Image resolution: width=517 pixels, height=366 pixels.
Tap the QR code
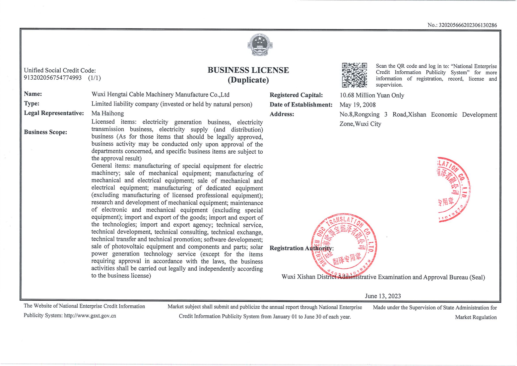tap(355, 75)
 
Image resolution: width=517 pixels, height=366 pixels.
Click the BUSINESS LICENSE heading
tap(248, 70)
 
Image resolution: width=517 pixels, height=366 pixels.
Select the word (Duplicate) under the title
tap(248, 80)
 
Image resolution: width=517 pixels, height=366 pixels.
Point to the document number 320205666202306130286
tap(468, 25)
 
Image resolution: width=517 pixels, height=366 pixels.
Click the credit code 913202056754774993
tap(53, 78)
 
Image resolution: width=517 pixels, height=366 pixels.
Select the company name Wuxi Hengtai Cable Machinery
tap(160, 95)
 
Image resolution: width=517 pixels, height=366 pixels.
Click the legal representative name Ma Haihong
tap(107, 113)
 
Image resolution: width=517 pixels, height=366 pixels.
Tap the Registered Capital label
tap(296, 95)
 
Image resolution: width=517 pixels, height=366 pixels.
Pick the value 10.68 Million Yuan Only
tap(372, 96)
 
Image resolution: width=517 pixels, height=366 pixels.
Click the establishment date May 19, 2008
tap(357, 105)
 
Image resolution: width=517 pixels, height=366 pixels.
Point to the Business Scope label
tap(45, 132)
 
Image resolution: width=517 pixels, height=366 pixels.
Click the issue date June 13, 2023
tap(383, 296)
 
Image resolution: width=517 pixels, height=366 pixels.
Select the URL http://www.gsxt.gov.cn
tap(90, 316)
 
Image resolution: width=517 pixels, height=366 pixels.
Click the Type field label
tap(32, 104)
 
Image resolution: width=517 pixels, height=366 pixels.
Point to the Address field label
tap(282, 114)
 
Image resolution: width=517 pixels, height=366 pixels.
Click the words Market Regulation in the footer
tap(476, 317)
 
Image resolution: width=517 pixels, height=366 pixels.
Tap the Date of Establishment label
tap(301, 105)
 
